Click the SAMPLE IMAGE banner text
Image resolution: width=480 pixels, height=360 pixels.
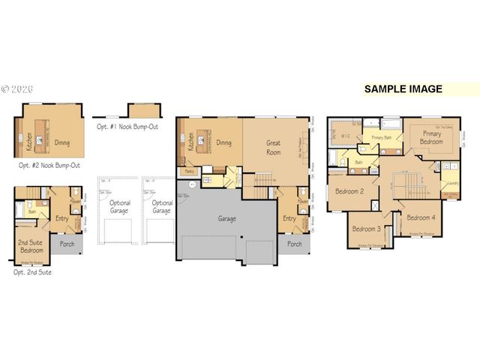[403, 88]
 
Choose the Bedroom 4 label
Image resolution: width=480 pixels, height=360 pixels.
[420, 217]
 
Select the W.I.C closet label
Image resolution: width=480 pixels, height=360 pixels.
[346, 136]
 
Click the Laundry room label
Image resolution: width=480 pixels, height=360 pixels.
[451, 183]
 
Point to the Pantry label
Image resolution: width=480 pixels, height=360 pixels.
[190, 172]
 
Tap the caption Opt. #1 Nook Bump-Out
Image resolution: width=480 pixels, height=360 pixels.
[127, 127]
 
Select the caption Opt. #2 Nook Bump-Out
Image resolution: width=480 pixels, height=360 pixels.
[50, 164]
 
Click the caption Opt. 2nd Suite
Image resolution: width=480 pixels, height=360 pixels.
[33, 272]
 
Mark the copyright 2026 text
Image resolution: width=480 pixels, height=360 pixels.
[18, 88]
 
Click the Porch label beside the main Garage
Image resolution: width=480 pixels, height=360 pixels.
[295, 244]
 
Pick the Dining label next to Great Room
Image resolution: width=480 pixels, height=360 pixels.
[223, 142]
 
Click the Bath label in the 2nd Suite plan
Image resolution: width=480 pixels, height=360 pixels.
[31, 212]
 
